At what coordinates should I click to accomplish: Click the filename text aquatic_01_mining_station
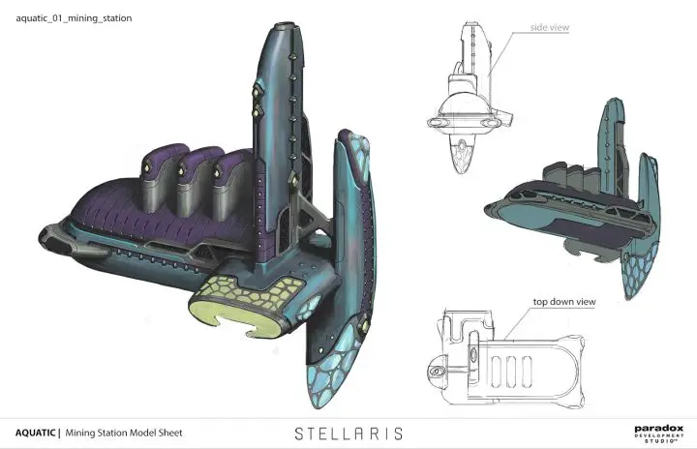(75, 18)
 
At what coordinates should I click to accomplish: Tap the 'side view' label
(548, 29)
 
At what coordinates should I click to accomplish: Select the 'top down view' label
(562, 302)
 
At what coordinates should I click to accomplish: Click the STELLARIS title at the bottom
(348, 433)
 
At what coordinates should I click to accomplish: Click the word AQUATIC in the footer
(35, 433)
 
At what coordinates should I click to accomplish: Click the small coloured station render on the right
(571, 194)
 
